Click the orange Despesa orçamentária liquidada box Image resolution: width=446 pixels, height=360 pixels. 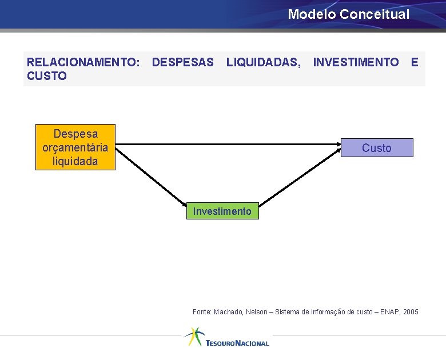pos(75,147)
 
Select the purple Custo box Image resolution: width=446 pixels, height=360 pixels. pos(376,148)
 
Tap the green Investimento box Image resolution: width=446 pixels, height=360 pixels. pos(222,211)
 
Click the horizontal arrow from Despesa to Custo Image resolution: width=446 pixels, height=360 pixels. pos(229,145)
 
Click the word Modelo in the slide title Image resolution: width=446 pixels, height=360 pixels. pos(312,14)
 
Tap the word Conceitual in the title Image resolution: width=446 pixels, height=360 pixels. pos(375,14)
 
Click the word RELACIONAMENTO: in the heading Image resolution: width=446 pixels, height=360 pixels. pos(83,62)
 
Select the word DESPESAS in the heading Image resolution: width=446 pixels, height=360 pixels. pos(183,62)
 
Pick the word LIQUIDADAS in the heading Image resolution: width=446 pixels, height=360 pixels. pos(263,62)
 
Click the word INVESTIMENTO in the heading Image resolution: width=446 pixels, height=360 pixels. pos(356,62)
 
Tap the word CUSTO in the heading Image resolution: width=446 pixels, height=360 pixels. pos(47,76)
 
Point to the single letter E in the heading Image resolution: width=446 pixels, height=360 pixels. pos(415,62)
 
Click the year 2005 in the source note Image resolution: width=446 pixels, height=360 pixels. pos(411,312)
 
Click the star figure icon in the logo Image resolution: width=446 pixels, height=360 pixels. pos(193,336)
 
